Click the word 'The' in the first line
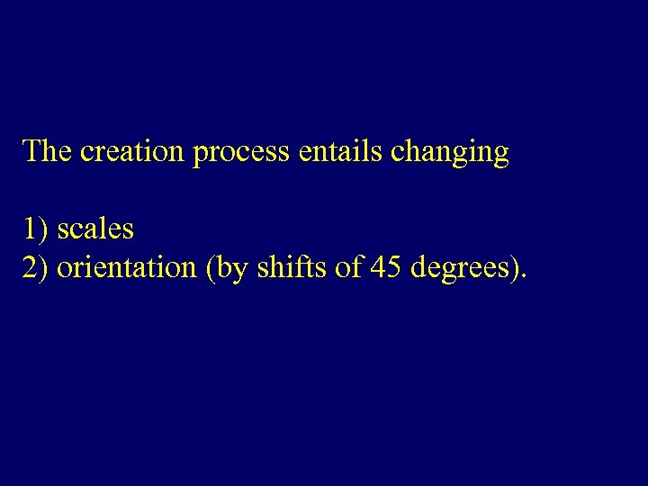coord(48,151)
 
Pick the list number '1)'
coord(36,229)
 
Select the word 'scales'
coord(95,229)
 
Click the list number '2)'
coord(36,267)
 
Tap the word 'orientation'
coord(127,267)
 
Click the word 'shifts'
coord(288,267)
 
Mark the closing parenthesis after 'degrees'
coord(517,268)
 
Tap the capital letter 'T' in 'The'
coord(31,151)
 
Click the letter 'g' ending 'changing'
coord(502,156)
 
